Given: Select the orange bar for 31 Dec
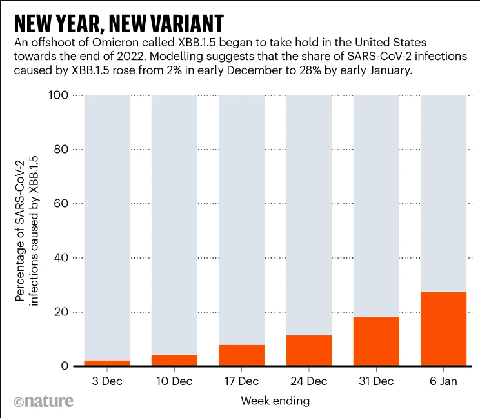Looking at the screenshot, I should (x=376, y=342).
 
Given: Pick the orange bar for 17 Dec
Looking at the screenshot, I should (x=241, y=355).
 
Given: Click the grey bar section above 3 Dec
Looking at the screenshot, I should (x=107, y=226).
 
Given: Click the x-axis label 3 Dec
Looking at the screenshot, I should (x=107, y=381).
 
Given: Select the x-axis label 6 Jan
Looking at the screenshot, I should (x=443, y=381).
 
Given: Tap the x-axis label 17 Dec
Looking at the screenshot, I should (x=241, y=381).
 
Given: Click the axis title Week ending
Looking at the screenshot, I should (x=275, y=401).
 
